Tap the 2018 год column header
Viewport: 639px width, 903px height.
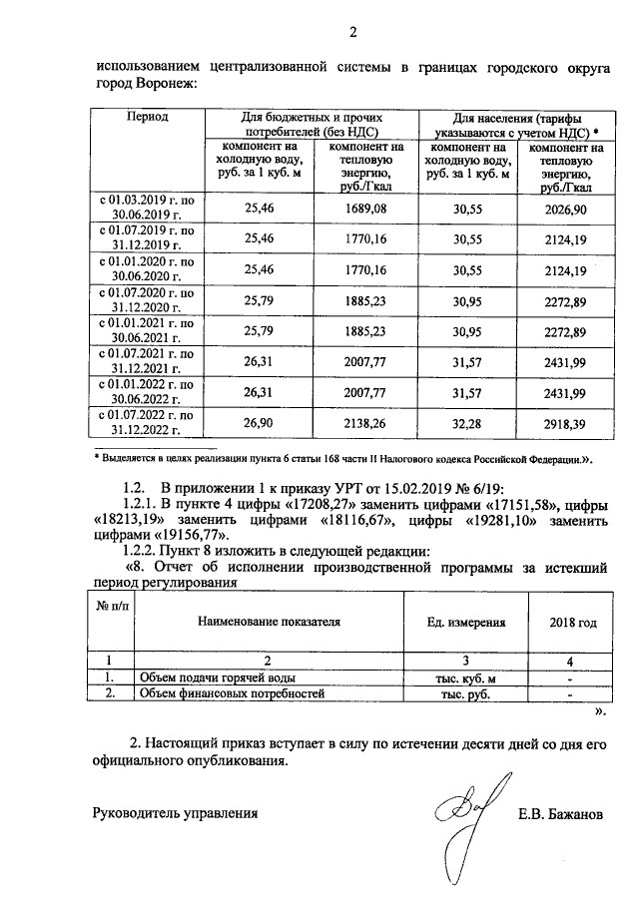572,623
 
